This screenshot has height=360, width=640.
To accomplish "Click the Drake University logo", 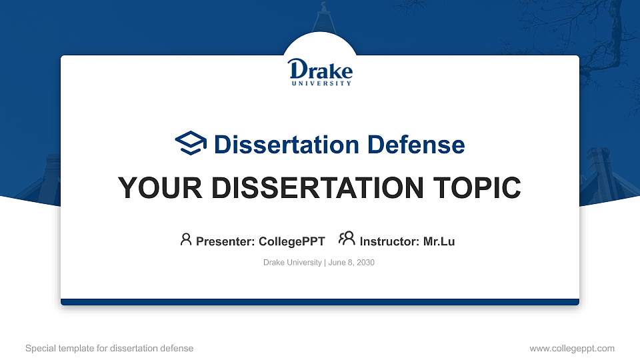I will (320, 71).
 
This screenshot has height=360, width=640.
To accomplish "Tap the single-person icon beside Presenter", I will (186, 239).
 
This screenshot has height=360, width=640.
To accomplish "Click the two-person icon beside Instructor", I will (347, 239).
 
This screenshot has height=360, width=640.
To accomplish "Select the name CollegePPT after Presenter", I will (291, 241).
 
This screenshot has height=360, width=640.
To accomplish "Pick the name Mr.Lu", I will (439, 241).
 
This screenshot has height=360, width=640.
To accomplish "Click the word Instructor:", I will (390, 241).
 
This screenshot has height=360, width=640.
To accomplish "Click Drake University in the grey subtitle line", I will (292, 263).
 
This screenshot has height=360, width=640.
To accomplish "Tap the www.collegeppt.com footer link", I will (571, 348).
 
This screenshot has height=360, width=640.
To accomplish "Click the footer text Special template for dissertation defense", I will (109, 348).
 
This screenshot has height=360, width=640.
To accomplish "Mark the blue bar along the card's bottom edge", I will (320, 302).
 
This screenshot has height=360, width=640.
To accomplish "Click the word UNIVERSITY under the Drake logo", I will (321, 84).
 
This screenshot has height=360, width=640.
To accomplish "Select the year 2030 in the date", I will (365, 263).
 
